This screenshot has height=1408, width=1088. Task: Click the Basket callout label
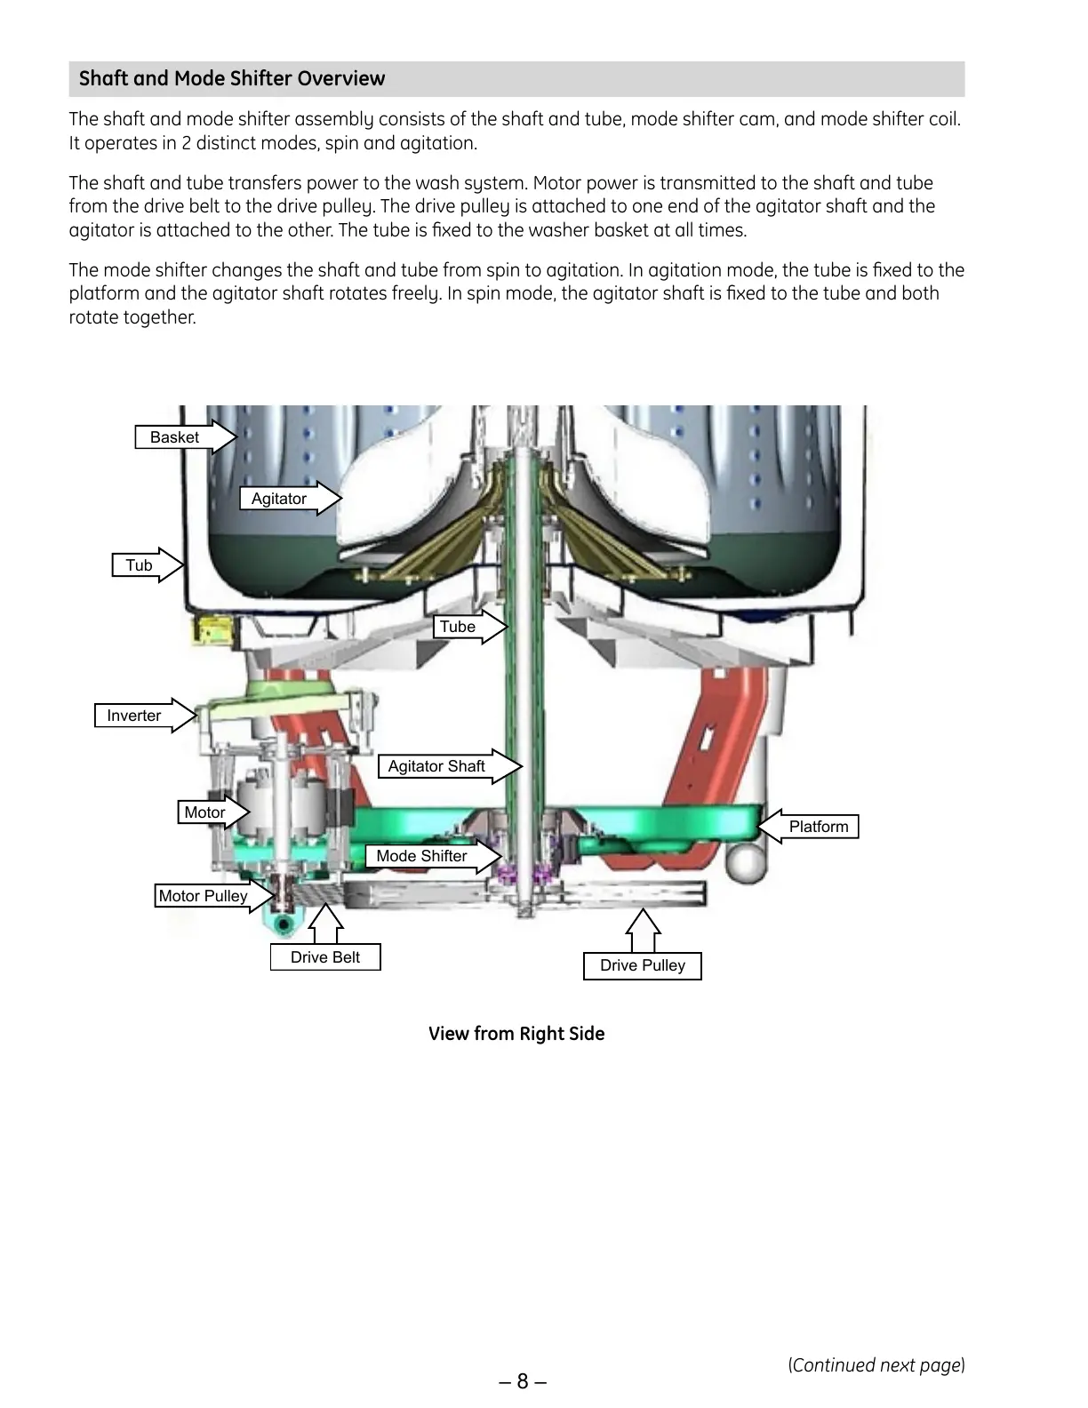point(175,437)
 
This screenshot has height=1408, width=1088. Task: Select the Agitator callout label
point(279,499)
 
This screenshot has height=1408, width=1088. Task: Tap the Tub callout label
point(139,565)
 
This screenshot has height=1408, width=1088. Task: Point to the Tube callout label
point(458,627)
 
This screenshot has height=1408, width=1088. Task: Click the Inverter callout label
point(134,716)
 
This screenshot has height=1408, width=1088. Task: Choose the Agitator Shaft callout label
point(436,766)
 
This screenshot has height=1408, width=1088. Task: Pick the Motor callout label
point(204,812)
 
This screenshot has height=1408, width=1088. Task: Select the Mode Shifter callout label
point(421,856)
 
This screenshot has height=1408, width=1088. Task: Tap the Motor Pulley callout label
point(203,896)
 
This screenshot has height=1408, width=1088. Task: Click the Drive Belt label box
point(325,957)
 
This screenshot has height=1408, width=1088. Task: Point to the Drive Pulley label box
point(643,966)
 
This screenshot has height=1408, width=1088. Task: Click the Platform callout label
point(819,827)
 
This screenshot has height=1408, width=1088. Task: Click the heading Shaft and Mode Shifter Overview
point(232,78)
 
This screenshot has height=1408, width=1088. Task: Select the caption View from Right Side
point(516,1034)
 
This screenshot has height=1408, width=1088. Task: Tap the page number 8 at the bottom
point(523,1381)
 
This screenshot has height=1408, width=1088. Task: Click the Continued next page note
point(876,1365)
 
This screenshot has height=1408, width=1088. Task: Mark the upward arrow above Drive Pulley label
point(644,930)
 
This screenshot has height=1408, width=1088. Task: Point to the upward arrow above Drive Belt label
point(326,924)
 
